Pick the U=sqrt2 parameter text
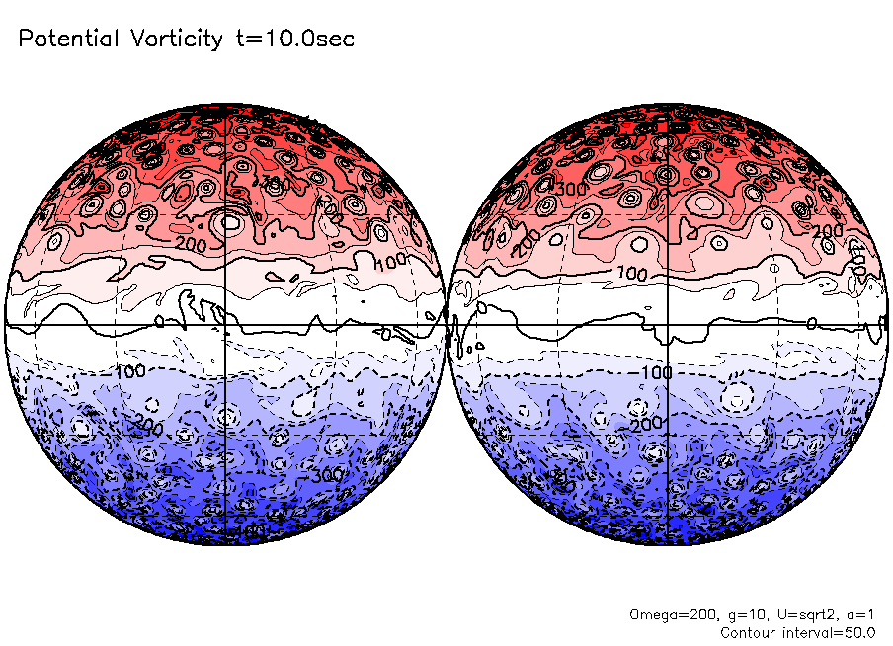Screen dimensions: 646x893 (796, 614)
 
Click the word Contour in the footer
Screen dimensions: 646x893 (753, 632)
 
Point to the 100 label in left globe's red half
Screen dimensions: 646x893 (394, 261)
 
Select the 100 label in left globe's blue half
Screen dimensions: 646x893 (129, 371)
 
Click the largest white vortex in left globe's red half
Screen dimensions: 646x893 (230, 222)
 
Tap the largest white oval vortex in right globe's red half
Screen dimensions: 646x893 (705, 203)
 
